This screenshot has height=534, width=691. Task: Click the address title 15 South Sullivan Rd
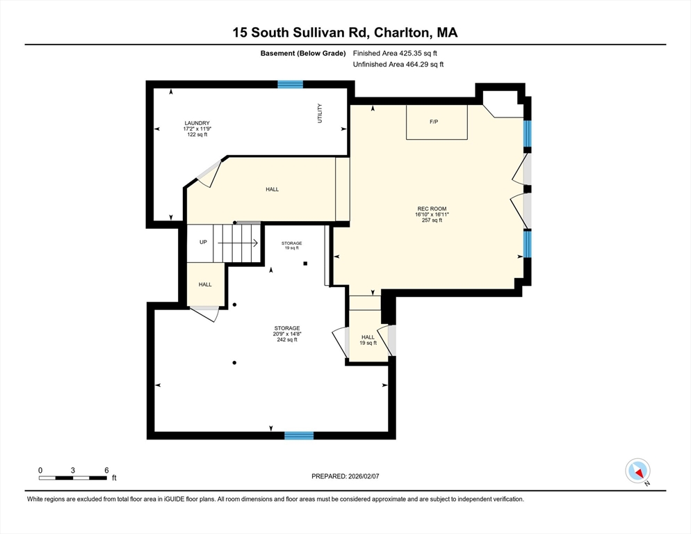pyautogui.click(x=345, y=33)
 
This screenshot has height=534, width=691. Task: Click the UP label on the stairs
pyautogui.click(x=203, y=243)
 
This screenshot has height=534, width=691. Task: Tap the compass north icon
pyautogui.click(x=637, y=471)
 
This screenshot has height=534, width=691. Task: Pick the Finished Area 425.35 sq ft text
pyautogui.click(x=395, y=53)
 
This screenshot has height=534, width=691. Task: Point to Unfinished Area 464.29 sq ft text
pyautogui.click(x=398, y=65)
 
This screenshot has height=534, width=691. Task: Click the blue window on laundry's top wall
pyautogui.click(x=290, y=85)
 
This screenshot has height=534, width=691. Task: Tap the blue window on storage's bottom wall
pyautogui.click(x=298, y=435)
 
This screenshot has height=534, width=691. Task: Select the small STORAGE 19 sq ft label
pyautogui.click(x=291, y=245)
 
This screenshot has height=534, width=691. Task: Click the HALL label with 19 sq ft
pyautogui.click(x=368, y=340)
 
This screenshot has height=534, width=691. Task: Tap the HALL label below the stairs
pyautogui.click(x=205, y=284)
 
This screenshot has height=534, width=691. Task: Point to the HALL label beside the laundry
pyautogui.click(x=272, y=189)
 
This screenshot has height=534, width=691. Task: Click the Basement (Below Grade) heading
pyautogui.click(x=303, y=53)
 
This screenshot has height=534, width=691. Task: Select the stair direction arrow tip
pyautogui.click(x=257, y=243)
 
